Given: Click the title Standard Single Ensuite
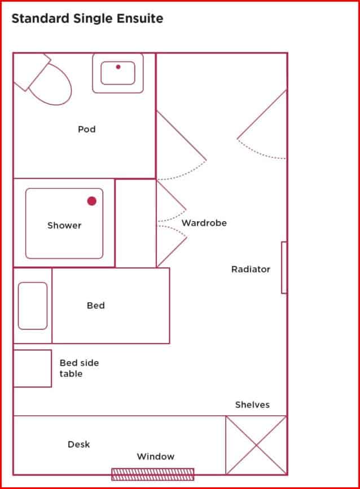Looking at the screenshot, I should pyautogui.click(x=87, y=19).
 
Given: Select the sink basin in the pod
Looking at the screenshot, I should pyautogui.click(x=118, y=73).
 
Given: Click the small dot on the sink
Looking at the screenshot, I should pyautogui.click(x=118, y=67).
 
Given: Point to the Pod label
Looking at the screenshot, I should pyautogui.click(x=87, y=129).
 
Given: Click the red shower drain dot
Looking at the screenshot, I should pyautogui.click(x=92, y=201).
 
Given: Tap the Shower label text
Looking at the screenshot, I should pyautogui.click(x=64, y=225).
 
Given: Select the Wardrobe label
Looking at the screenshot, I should pyautogui.click(x=204, y=223).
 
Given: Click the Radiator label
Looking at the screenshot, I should pyautogui.click(x=251, y=269).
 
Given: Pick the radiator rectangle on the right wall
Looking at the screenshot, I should pyautogui.click(x=284, y=267).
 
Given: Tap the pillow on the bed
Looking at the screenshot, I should pyautogui.click(x=33, y=305).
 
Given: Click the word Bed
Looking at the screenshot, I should pyautogui.click(x=96, y=305).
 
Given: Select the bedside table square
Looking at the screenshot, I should pyautogui.click(x=32, y=368).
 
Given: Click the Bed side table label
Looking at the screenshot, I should pyautogui.click(x=79, y=368).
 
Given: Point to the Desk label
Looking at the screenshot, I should pyautogui.click(x=79, y=444).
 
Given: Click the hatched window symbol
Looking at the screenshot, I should pyautogui.click(x=152, y=474).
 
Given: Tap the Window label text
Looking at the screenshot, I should pyautogui.click(x=156, y=456).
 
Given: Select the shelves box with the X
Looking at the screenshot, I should pyautogui.click(x=256, y=445).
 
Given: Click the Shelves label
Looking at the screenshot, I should pyautogui.click(x=252, y=404).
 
